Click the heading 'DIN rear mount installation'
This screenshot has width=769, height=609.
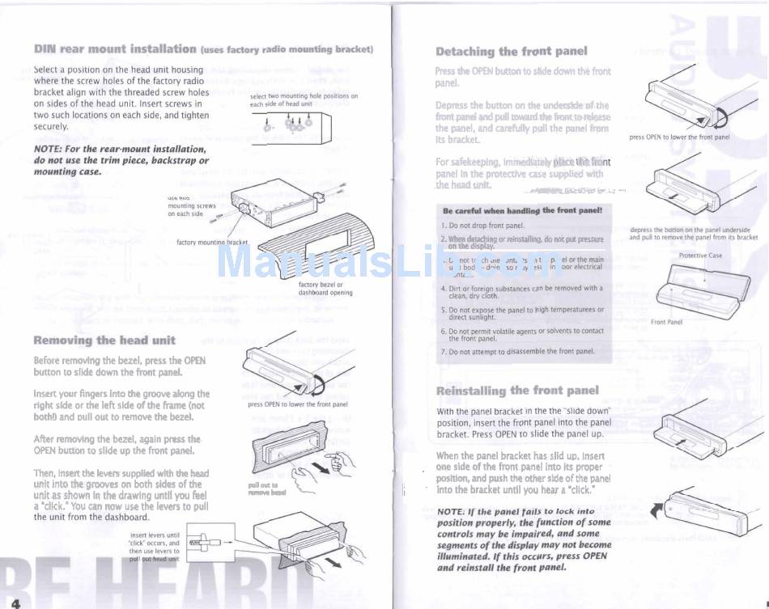click(x=116, y=49)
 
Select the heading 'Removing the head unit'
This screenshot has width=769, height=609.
click(x=104, y=340)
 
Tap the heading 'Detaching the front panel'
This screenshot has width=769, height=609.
click(x=512, y=51)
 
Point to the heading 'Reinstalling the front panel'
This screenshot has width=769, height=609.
click(x=517, y=391)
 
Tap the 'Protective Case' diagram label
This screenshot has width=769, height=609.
click(x=700, y=256)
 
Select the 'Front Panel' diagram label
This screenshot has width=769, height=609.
click(x=666, y=322)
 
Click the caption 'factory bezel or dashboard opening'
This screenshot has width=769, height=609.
click(x=325, y=289)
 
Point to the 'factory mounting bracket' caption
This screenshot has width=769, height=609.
click(x=212, y=242)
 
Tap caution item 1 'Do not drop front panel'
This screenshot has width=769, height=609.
click(x=483, y=225)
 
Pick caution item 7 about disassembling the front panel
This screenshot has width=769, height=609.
click(x=518, y=352)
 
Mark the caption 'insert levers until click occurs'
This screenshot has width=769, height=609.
click(x=155, y=543)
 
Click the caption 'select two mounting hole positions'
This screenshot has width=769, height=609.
click(x=304, y=99)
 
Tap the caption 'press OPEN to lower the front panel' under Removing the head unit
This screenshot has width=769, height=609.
click(x=297, y=404)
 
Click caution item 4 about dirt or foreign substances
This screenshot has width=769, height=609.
click(x=521, y=292)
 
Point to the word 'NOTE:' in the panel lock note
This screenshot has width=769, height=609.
click(x=451, y=512)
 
